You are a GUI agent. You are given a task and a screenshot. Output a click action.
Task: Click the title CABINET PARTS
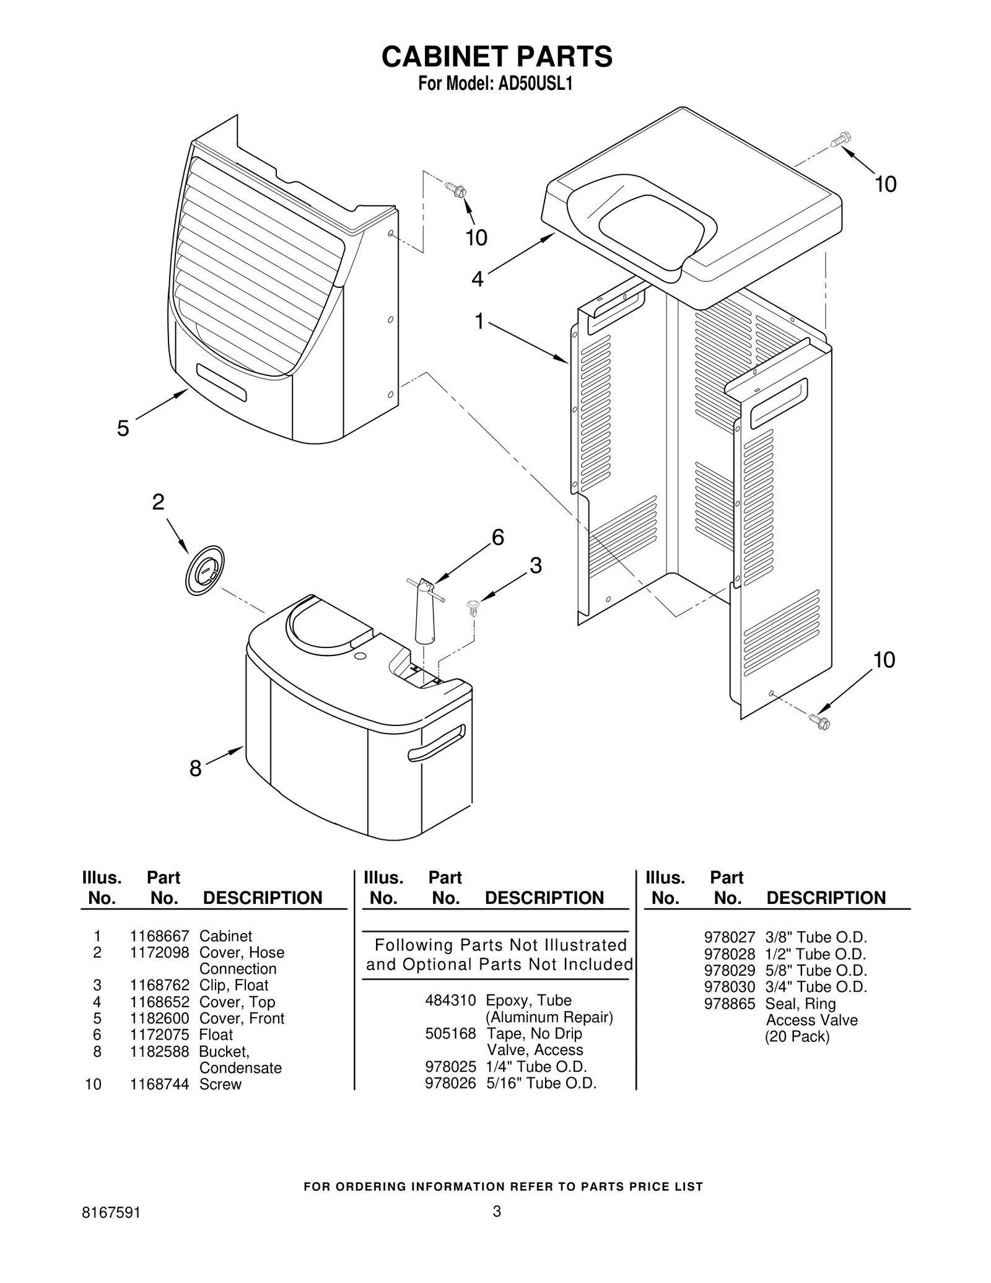click(x=496, y=56)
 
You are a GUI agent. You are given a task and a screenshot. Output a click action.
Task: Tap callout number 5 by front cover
click(x=123, y=428)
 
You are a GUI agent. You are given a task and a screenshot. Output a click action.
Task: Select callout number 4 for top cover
click(x=477, y=279)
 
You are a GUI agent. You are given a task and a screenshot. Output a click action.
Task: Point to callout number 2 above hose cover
click(x=159, y=502)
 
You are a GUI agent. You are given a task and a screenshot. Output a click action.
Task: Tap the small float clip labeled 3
click(x=474, y=607)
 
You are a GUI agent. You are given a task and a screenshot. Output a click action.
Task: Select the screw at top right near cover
click(x=841, y=139)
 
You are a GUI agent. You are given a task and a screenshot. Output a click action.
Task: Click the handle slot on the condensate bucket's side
click(x=436, y=743)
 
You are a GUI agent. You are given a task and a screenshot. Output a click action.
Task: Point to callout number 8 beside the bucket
click(x=195, y=769)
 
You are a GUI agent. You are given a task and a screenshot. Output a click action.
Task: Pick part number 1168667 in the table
click(x=159, y=936)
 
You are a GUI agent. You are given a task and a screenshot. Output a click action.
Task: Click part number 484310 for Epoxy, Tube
click(x=450, y=1000)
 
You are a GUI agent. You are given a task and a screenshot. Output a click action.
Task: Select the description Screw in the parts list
click(x=220, y=1084)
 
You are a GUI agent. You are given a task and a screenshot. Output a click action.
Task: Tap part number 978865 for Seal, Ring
click(x=729, y=1004)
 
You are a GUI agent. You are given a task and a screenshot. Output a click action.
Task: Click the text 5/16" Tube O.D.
click(x=541, y=1083)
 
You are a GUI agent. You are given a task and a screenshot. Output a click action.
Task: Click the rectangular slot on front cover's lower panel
click(x=221, y=382)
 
